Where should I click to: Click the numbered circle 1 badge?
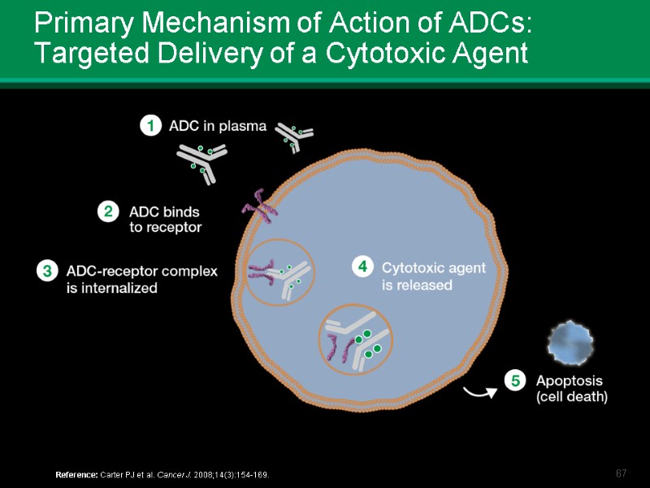(150, 126)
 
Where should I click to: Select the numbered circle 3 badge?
(46, 271)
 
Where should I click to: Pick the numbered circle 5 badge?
(515, 381)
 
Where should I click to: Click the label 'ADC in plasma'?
(217, 126)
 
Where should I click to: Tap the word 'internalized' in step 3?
(111, 288)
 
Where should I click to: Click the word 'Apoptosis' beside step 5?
(569, 381)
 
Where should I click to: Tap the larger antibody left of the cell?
(201, 163)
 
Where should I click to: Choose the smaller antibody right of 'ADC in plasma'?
(293, 137)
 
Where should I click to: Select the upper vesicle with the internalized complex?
(278, 272)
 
